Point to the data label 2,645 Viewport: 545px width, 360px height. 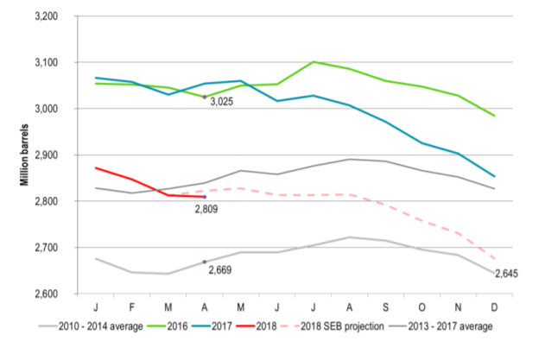tap(507, 275)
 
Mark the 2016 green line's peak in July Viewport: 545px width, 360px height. tap(314, 62)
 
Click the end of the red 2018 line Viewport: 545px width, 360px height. tap(205, 197)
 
